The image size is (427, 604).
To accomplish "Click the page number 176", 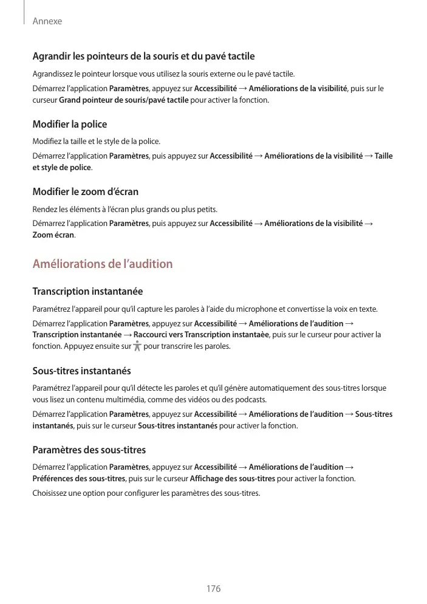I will pos(213,589).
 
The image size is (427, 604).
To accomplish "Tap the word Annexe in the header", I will pos(47,21).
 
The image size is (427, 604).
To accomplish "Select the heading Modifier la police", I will pos(69,125).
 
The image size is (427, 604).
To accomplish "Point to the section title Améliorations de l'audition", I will pos(102,264).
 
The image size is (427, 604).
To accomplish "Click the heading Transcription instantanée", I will pos(87,292).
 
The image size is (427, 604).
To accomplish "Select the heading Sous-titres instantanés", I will pos(81,371).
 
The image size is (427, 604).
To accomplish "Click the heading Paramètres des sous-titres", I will pos(89,450).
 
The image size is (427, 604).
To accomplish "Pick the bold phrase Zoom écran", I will pos(53,235).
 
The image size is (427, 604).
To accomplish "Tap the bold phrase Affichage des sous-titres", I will pos(232,479).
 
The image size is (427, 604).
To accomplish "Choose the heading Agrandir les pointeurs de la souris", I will pos(143,57).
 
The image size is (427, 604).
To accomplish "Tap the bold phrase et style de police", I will pos(61,167).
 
